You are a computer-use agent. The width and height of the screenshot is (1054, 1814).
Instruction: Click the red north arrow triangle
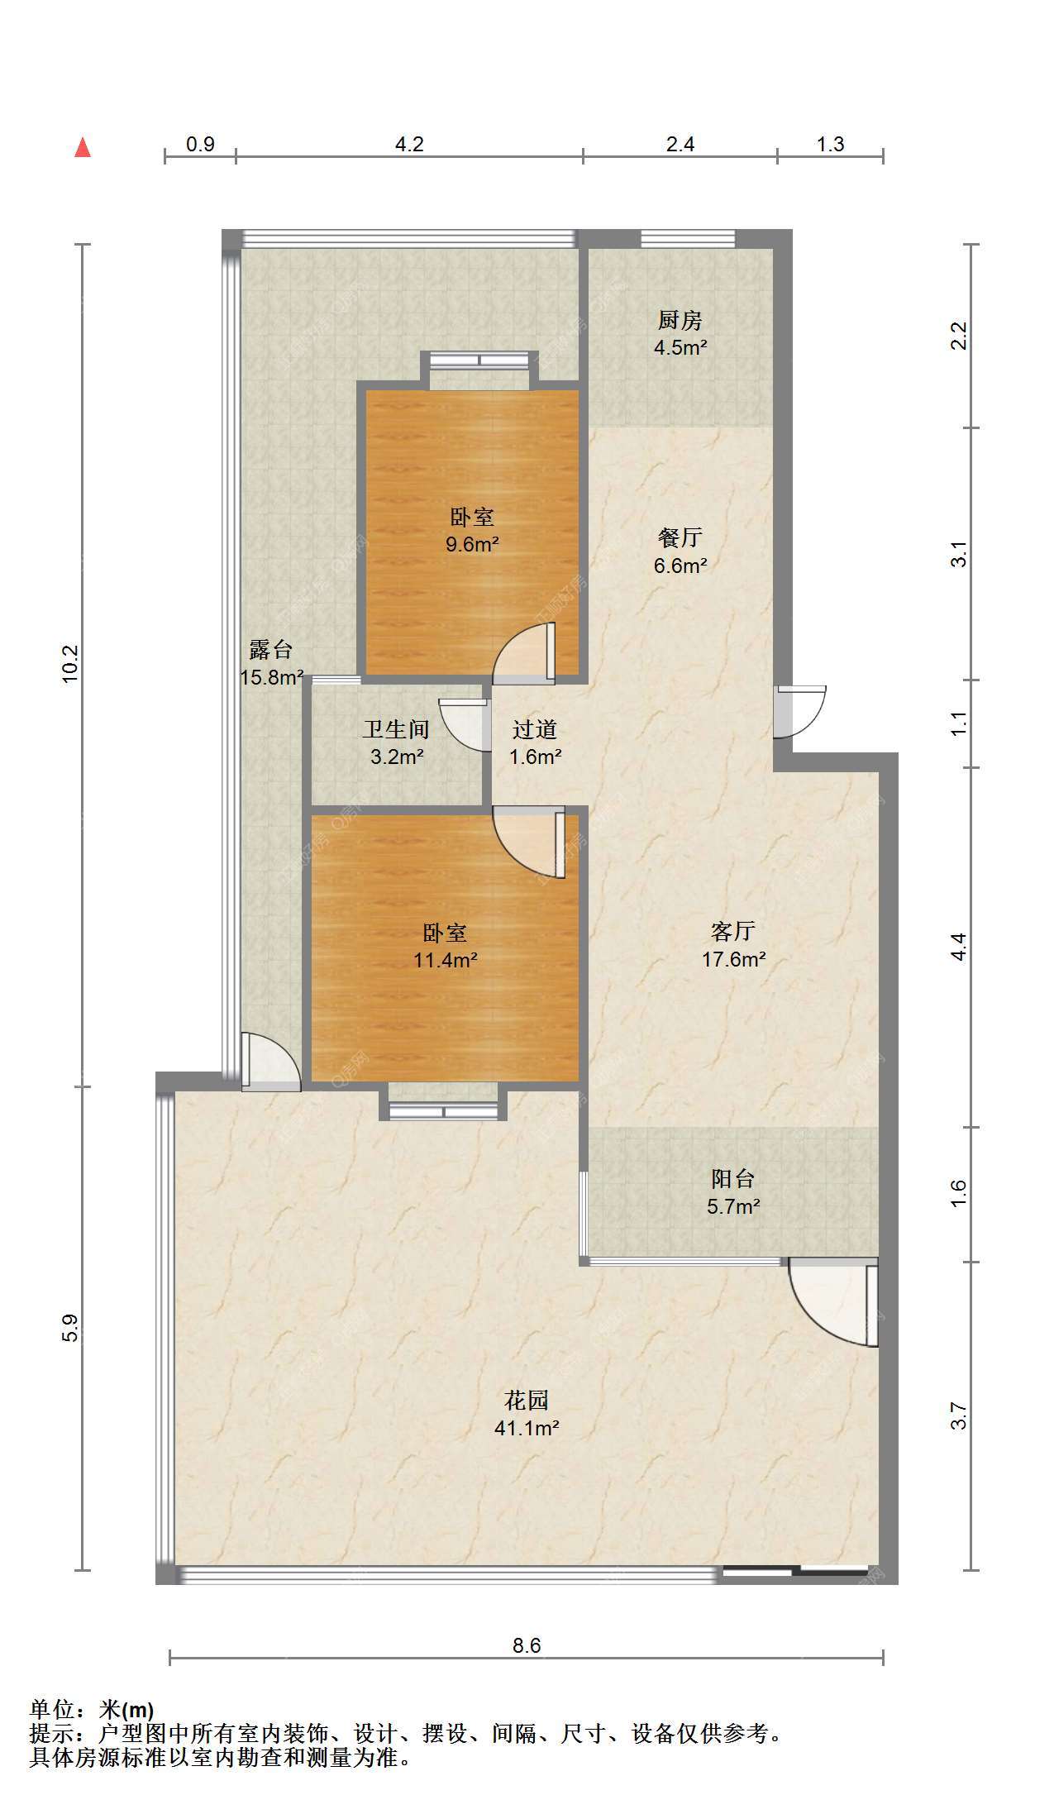[x=83, y=147]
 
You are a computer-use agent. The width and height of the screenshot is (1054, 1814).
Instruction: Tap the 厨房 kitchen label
[x=680, y=320]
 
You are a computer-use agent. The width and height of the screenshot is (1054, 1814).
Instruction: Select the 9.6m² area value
[x=472, y=544]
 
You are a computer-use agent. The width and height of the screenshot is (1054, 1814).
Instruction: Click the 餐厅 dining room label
[x=680, y=538]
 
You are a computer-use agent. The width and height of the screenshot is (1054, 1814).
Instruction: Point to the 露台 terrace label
[x=270, y=650]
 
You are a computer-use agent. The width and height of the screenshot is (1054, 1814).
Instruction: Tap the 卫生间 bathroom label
[x=396, y=729]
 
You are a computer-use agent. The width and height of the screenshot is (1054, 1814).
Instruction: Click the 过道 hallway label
[x=535, y=729]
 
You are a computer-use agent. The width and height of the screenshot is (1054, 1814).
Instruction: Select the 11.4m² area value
[x=446, y=960]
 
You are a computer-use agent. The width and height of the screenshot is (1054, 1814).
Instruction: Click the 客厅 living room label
[x=733, y=932]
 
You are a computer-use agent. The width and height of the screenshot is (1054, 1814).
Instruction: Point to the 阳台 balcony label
[x=733, y=1178]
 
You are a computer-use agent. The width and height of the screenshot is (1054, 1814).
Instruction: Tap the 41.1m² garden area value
[x=527, y=1428]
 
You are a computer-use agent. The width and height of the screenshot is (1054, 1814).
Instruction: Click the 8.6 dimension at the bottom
[x=527, y=1645]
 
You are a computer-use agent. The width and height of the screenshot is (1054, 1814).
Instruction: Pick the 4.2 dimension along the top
[x=409, y=144]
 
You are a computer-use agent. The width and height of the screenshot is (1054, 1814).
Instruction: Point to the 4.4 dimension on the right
[x=958, y=947]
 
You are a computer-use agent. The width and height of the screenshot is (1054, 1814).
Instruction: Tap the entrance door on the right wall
[x=799, y=711]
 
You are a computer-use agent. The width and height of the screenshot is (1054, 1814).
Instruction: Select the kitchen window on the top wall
[x=688, y=239]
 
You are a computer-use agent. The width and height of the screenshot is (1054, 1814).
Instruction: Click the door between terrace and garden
[x=270, y=1062]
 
